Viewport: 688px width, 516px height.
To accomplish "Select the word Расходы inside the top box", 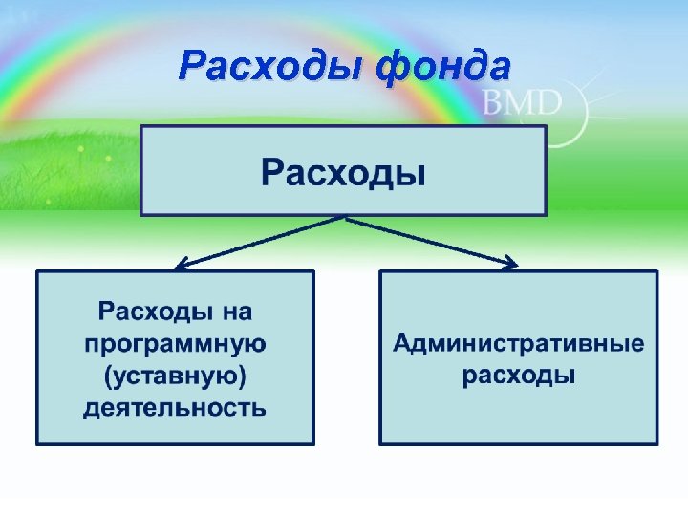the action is pos(343,174).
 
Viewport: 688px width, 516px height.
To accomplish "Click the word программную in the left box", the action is pos(175,343).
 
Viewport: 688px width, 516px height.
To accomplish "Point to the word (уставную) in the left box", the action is pos(175,376).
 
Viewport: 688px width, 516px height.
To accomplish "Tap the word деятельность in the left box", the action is pos(175,408).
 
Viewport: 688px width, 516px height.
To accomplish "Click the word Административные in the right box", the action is pos(519,343).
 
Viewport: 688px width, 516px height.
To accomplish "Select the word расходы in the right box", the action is pos(519,376).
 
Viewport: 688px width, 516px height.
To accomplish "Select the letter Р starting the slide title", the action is pos(192,67).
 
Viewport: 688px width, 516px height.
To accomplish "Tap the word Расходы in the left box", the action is pos(153,311).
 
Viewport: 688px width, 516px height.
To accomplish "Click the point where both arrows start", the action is pos(344,218).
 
